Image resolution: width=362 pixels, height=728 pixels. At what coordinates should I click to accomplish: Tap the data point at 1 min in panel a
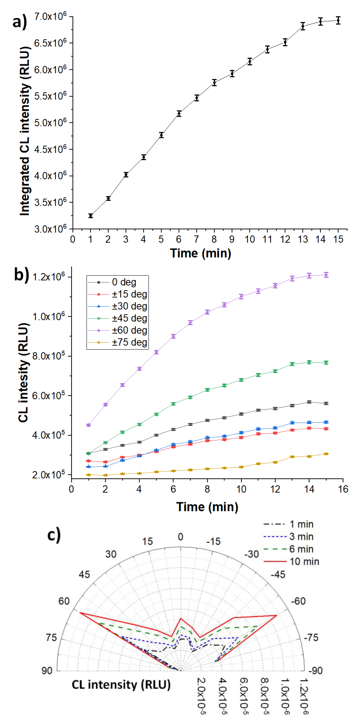click(90, 216)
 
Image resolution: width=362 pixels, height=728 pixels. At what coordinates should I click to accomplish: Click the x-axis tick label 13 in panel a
click(303, 239)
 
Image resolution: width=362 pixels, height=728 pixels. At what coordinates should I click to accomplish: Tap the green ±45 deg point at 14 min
click(309, 362)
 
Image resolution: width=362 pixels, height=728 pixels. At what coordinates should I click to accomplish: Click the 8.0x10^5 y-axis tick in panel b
click(49, 356)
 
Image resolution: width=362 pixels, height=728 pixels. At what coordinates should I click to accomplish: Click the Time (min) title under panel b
click(207, 507)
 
